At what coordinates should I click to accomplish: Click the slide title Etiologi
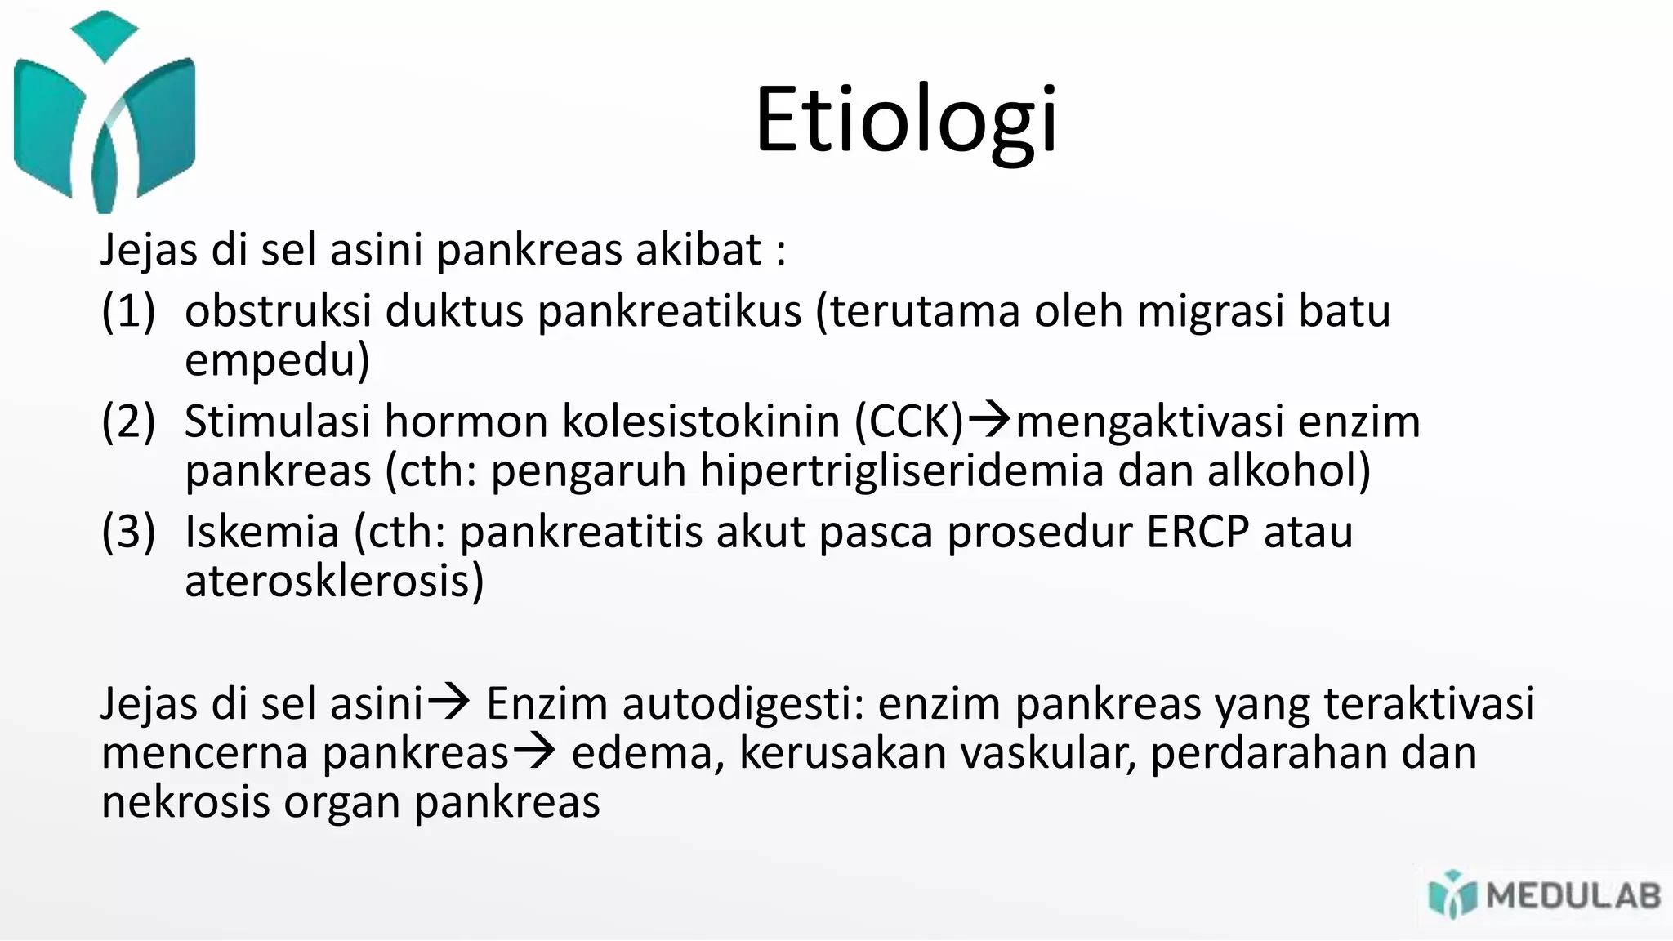point(906,120)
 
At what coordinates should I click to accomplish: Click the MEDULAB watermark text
point(1573,896)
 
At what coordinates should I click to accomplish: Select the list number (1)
point(128,311)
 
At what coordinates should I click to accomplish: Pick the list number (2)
point(128,421)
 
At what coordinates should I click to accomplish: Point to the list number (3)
point(128,532)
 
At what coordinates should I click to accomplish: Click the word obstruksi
point(278,311)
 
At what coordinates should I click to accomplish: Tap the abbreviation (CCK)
point(909,421)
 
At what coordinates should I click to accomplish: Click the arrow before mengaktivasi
point(989,420)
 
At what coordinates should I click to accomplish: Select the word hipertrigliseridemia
point(901,471)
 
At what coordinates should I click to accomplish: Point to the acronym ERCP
point(1198,532)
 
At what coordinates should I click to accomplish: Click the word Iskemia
point(261,532)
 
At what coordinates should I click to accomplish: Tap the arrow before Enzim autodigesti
point(448,701)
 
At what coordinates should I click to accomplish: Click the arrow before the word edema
point(534,751)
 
